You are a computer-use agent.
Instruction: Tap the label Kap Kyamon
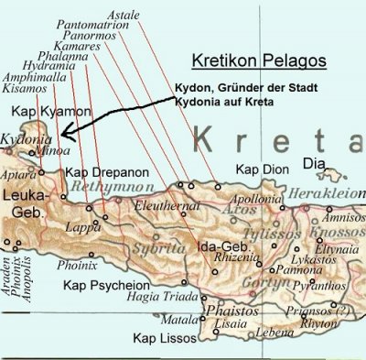click(x=38, y=110)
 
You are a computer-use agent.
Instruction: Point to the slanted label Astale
click(x=124, y=14)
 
